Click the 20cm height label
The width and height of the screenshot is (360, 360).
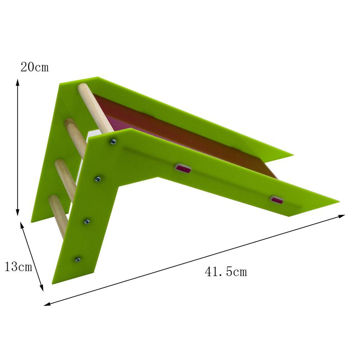(34, 67)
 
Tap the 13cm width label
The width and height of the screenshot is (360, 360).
(18, 267)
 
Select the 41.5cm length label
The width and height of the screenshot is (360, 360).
(226, 271)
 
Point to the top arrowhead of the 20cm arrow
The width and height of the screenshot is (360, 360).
(17, 82)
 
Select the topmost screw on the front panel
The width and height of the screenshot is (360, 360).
(113, 142)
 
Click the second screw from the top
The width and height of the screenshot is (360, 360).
(98, 178)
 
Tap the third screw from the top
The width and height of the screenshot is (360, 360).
(87, 222)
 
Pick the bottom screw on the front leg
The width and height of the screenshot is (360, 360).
(77, 259)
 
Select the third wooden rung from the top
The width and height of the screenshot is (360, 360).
(66, 176)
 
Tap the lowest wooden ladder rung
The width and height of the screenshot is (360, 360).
(60, 214)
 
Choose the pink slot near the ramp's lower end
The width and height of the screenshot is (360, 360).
(276, 199)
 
